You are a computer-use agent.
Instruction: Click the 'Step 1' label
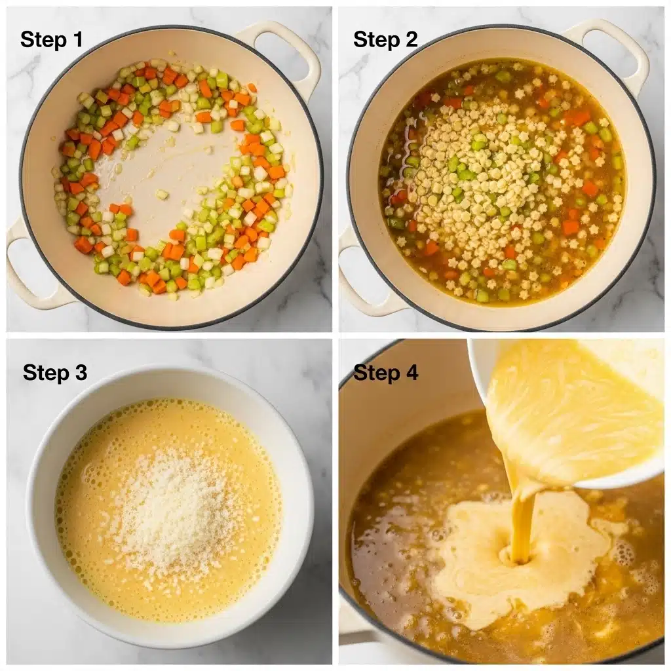(52, 39)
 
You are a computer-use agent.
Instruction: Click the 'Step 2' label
(385, 39)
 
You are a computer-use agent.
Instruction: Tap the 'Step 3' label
(54, 373)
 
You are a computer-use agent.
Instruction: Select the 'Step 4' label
(385, 373)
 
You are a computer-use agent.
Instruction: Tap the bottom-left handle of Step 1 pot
(29, 275)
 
